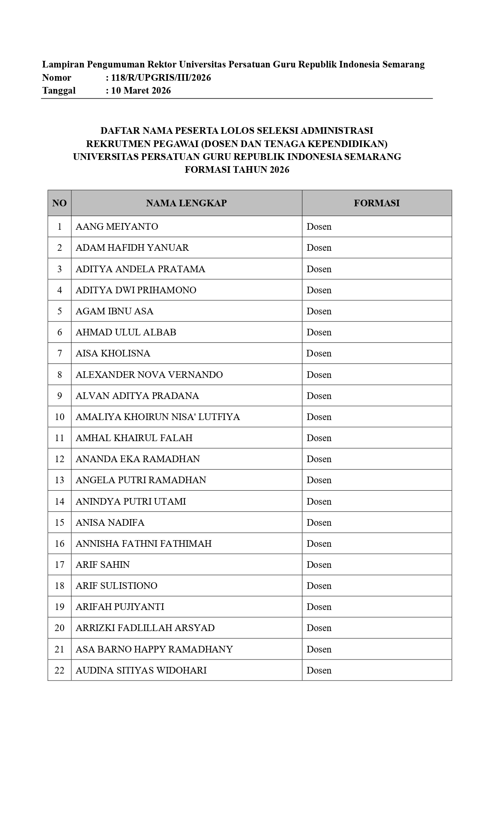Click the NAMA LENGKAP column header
click(186, 203)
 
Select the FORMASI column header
click(377, 203)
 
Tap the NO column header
click(59, 203)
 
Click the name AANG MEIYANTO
click(117, 227)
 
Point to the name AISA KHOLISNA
click(113, 353)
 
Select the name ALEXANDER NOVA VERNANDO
click(149, 375)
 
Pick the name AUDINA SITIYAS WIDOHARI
click(141, 670)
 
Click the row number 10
click(59, 417)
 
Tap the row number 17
click(59, 565)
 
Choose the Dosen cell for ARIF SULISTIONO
click(319, 586)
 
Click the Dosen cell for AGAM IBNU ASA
click(319, 311)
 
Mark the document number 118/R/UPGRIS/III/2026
click(161, 78)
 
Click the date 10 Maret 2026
click(141, 91)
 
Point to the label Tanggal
click(59, 91)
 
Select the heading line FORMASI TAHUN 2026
click(237, 170)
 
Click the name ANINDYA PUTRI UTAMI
click(131, 502)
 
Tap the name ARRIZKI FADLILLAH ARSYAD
click(145, 628)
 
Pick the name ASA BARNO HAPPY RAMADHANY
click(154, 649)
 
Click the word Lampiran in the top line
click(63, 64)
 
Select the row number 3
click(59, 269)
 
